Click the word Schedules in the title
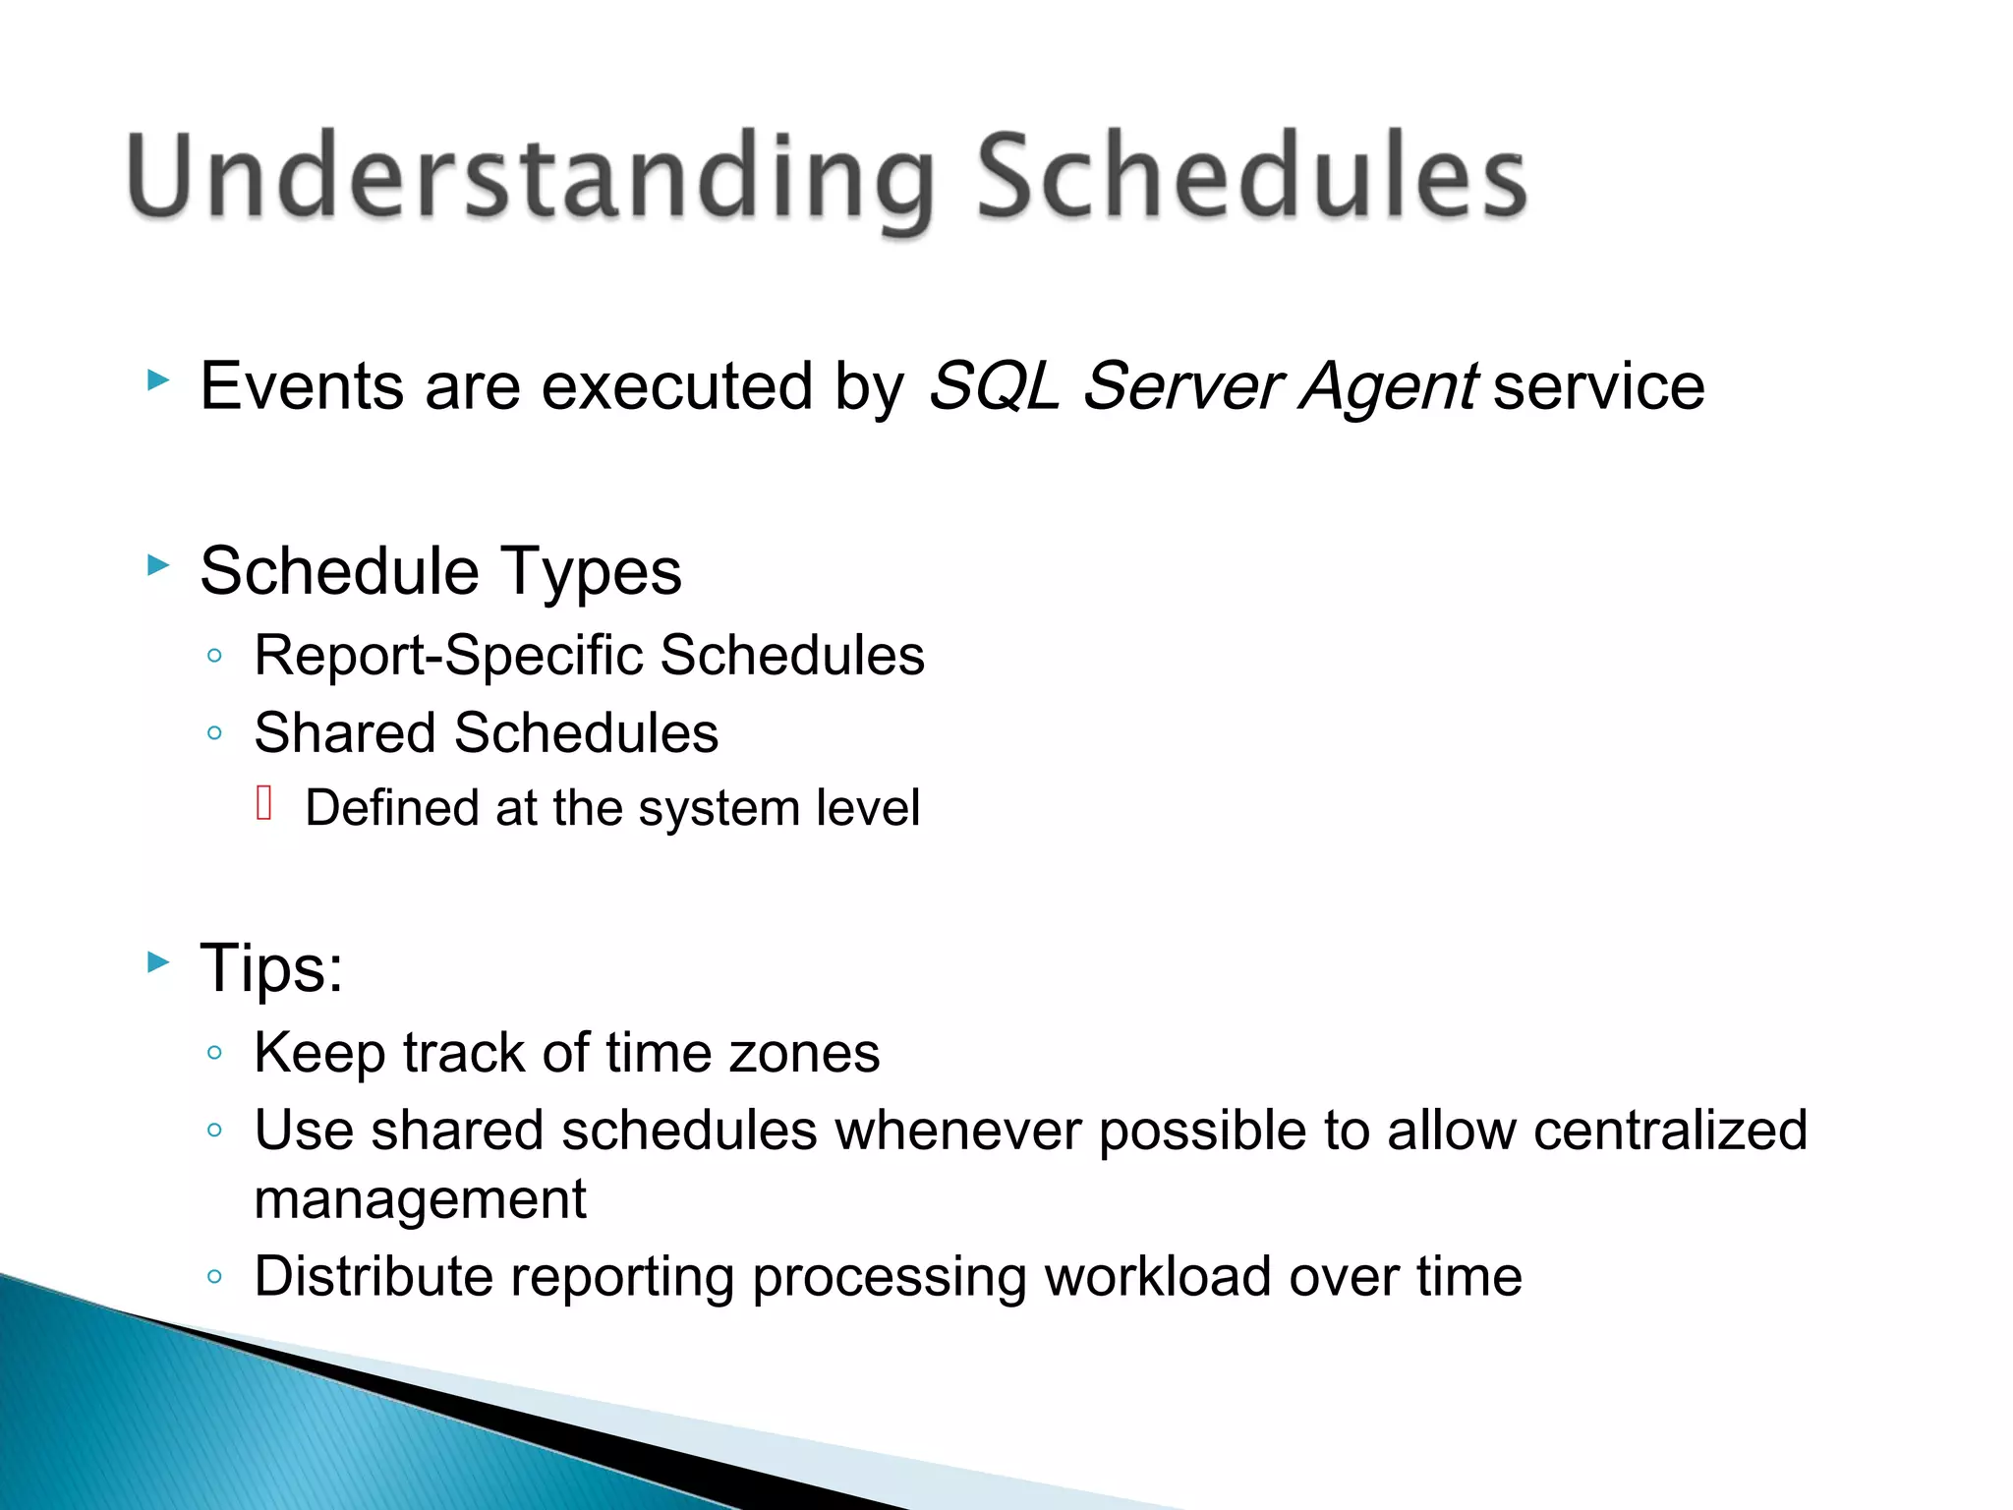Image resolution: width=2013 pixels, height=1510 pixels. tap(1251, 177)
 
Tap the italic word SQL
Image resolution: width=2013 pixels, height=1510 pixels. tap(993, 386)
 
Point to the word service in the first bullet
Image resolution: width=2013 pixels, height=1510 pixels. tap(1599, 386)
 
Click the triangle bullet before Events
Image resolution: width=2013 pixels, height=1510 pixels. tap(158, 380)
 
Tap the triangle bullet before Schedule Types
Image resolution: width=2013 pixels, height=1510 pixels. tap(158, 565)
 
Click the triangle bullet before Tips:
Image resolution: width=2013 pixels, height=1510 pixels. tap(158, 962)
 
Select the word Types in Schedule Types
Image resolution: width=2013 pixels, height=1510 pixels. tap(590, 573)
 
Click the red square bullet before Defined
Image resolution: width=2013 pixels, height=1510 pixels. tap(263, 803)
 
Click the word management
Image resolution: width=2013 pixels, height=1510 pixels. tap(420, 1201)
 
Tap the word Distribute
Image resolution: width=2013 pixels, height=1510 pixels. tap(373, 1277)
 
